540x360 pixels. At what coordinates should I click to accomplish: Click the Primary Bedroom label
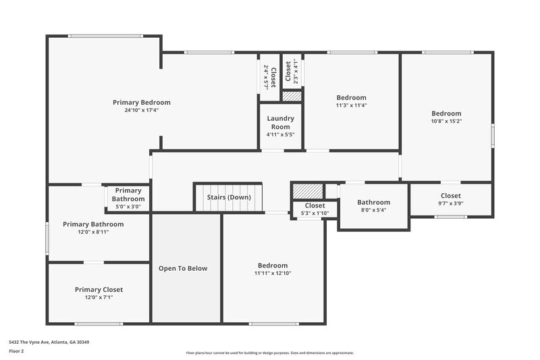pyautogui.click(x=141, y=102)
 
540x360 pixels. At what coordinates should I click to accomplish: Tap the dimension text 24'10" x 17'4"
pyautogui.click(x=141, y=110)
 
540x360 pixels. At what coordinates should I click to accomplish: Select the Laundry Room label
pyautogui.click(x=280, y=123)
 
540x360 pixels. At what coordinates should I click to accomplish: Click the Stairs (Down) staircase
pyautogui.click(x=228, y=197)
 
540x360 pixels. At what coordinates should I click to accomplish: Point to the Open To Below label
pyautogui.click(x=183, y=268)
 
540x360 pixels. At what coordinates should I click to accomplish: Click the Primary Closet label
pyautogui.click(x=99, y=289)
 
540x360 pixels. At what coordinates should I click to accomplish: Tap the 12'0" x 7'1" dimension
pyautogui.click(x=99, y=297)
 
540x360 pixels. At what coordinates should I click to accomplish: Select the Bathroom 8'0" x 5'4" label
pyautogui.click(x=373, y=202)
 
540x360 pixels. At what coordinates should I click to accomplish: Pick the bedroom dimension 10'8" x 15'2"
pyautogui.click(x=446, y=122)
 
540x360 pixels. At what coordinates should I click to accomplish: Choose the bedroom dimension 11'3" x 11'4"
pyautogui.click(x=351, y=105)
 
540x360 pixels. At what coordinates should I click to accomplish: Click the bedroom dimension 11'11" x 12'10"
pyautogui.click(x=272, y=274)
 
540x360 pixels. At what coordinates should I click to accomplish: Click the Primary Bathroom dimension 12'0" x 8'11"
pyautogui.click(x=93, y=232)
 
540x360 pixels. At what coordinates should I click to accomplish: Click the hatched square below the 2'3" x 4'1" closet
pyautogui.click(x=292, y=97)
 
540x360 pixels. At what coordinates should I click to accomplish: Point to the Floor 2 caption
pyautogui.click(x=16, y=351)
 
